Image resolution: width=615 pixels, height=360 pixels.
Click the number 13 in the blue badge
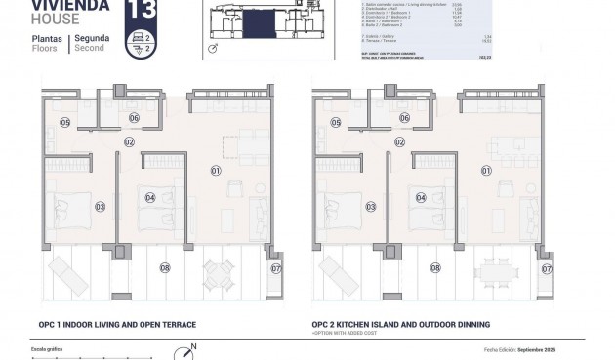click(x=141, y=11)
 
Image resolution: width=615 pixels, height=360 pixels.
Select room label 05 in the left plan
click(x=64, y=122)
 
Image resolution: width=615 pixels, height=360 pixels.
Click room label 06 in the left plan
click(x=133, y=118)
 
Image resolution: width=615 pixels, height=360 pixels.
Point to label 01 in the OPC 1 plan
click(x=216, y=171)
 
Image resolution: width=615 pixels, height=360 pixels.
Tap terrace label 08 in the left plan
click(x=164, y=267)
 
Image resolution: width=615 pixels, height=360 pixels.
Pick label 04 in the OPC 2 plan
click(x=421, y=197)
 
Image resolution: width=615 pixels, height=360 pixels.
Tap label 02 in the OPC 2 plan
click(x=399, y=142)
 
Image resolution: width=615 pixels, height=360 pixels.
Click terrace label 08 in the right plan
click(x=434, y=267)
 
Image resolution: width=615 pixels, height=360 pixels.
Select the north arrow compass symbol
click(x=182, y=353)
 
